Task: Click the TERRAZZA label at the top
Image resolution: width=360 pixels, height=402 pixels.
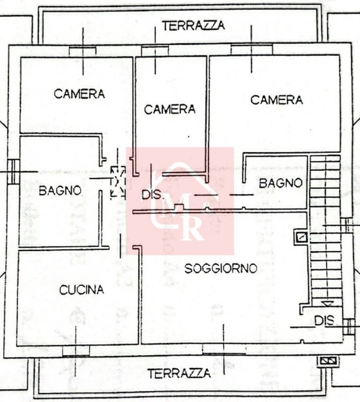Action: click(194, 26)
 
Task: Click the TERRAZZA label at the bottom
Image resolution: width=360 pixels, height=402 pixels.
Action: click(179, 373)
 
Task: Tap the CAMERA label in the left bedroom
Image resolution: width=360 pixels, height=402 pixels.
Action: click(79, 94)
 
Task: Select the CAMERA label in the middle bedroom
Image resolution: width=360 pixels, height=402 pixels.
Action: click(169, 110)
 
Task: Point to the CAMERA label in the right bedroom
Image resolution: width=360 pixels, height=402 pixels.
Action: click(277, 99)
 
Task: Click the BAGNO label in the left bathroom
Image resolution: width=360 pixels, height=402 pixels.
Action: click(60, 190)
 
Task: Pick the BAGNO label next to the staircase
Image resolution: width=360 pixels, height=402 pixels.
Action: click(281, 183)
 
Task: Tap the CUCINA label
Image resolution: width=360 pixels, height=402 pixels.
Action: click(81, 290)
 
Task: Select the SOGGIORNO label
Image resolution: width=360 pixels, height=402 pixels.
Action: click(221, 268)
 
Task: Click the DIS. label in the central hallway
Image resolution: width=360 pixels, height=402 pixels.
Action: click(152, 195)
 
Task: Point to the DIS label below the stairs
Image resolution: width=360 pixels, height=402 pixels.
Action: click(325, 321)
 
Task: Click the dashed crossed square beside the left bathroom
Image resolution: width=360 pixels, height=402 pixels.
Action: click(118, 182)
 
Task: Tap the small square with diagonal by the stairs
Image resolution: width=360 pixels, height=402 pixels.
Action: click(302, 237)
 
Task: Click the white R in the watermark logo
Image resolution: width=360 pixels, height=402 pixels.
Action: click(194, 228)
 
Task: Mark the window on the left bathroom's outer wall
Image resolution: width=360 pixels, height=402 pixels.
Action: click(14, 171)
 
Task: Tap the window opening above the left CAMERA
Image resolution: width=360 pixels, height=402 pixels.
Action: click(82, 51)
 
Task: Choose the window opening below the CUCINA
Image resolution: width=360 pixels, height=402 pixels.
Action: click(76, 351)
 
